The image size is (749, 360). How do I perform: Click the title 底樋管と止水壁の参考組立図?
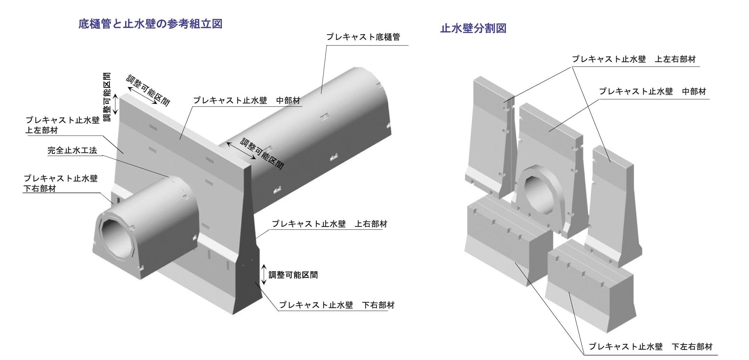(x=150, y=24)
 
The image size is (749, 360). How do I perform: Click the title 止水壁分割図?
(x=473, y=28)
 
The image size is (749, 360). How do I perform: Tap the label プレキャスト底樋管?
(x=363, y=37)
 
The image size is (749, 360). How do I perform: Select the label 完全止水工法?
(x=72, y=151)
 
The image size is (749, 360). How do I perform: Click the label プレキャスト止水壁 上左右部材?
(x=634, y=59)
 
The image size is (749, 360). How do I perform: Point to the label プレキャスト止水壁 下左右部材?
(x=651, y=346)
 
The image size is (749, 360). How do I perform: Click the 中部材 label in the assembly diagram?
(x=246, y=101)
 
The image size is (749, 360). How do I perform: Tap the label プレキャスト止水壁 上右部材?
(x=329, y=224)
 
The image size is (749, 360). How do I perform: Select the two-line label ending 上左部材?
(x=62, y=125)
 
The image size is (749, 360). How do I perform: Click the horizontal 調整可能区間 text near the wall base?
(x=293, y=275)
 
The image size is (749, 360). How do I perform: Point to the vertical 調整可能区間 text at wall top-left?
(x=107, y=97)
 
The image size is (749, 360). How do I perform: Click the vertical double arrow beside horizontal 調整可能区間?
(x=264, y=274)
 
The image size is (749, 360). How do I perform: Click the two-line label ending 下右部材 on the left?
(x=61, y=183)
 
